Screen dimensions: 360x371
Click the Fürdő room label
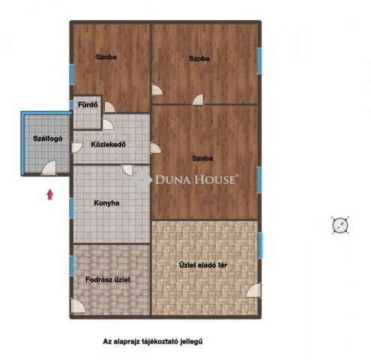coord(87,105)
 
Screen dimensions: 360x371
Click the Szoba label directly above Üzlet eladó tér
coord(202,158)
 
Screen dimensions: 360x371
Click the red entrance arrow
coord(49,193)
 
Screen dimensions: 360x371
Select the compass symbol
coord(340,224)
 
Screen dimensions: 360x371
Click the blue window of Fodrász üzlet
coord(72,265)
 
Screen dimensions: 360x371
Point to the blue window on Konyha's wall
coord(72,206)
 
